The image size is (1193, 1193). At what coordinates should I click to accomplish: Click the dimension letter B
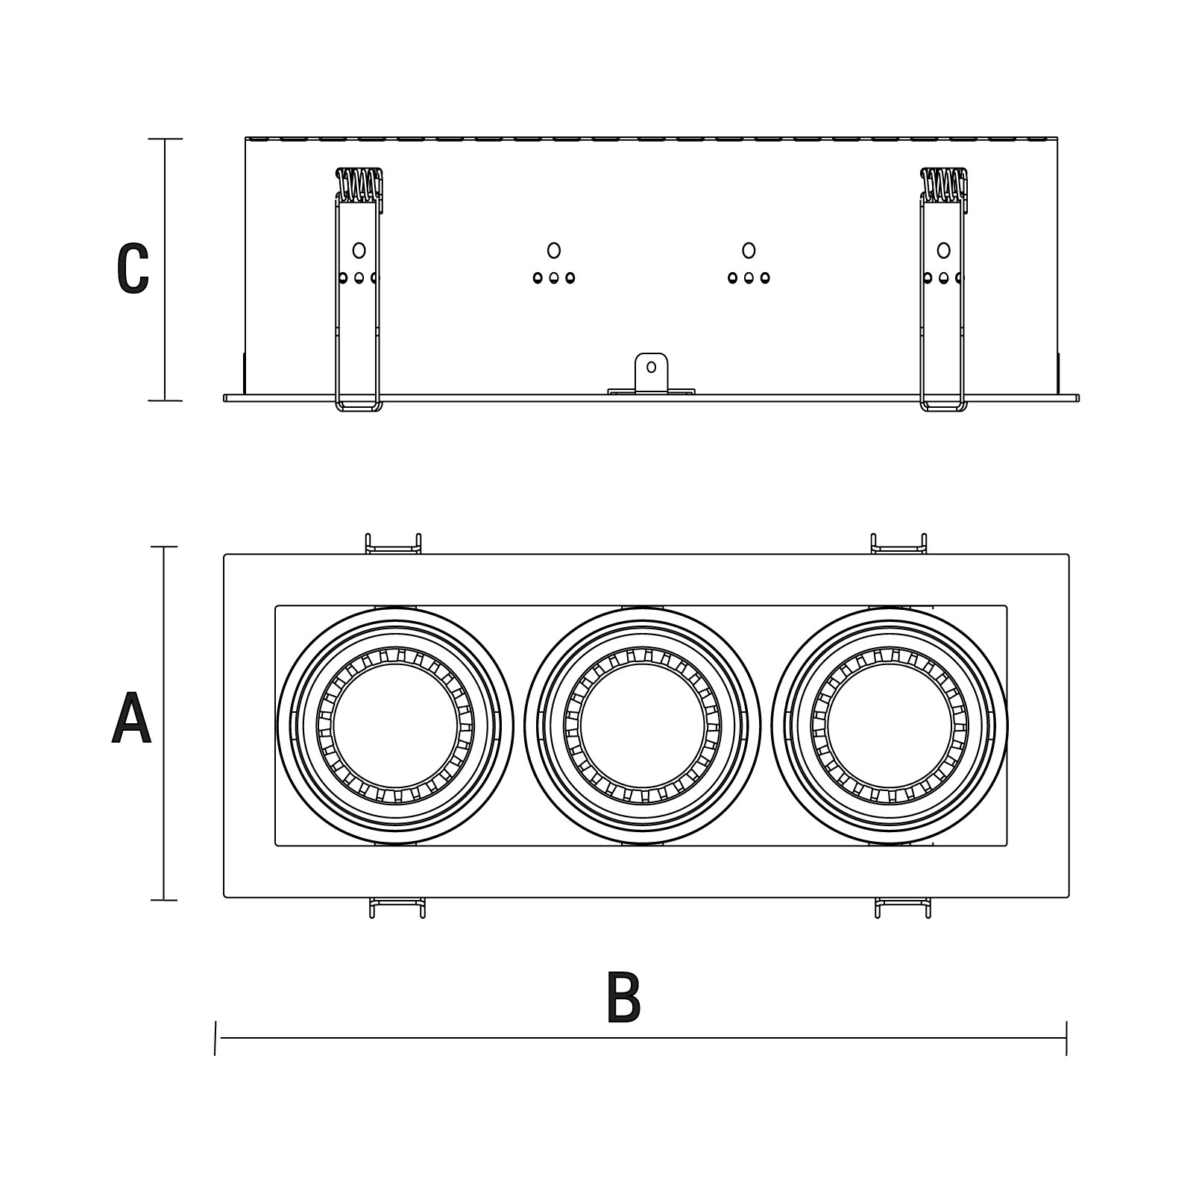click(624, 996)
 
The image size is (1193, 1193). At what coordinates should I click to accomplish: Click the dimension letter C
click(133, 268)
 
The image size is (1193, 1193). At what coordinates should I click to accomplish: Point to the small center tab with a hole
click(651, 372)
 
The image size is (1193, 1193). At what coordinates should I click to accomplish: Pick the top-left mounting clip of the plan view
click(393, 544)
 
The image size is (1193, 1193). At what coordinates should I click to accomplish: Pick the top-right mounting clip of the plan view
click(899, 544)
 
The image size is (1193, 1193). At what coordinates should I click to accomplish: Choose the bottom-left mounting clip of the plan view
click(398, 907)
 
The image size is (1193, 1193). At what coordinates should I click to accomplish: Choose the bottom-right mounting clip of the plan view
click(903, 907)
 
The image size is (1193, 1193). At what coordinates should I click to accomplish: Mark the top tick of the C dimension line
click(165, 139)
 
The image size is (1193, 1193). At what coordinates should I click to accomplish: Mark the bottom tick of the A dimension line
click(164, 900)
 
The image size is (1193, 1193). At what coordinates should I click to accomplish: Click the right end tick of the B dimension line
click(1066, 1038)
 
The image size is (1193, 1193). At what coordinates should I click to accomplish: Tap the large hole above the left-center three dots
click(553, 251)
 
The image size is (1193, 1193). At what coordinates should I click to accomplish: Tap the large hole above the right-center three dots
click(749, 251)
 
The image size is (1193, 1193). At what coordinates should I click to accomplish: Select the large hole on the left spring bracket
click(359, 251)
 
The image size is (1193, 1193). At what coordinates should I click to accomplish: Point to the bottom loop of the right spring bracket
click(944, 407)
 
